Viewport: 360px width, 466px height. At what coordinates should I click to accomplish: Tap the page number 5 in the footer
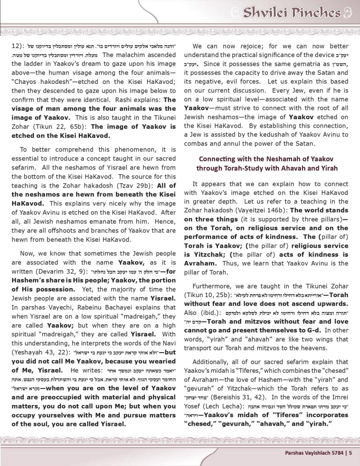click(350, 452)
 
